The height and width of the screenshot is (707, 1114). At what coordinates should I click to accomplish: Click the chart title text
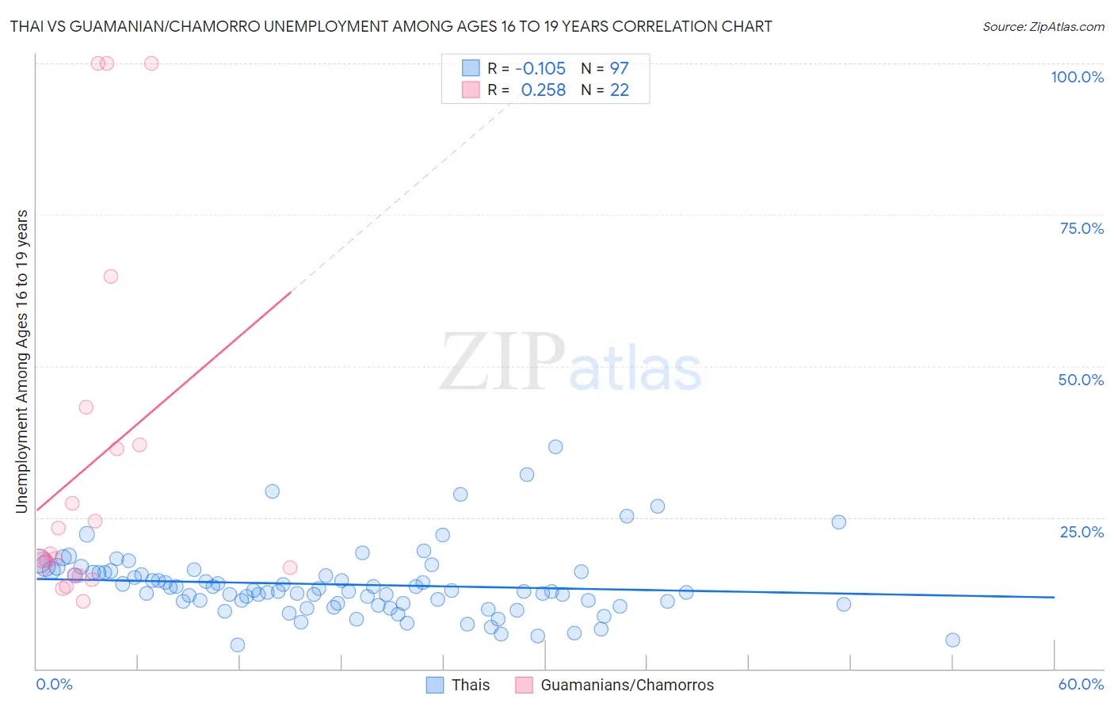[391, 26]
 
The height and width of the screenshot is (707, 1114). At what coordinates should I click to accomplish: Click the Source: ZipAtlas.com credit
[1043, 26]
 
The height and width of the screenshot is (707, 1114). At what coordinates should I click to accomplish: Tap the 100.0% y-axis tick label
[1077, 77]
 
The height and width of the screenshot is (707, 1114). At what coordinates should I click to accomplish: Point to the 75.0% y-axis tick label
[1082, 228]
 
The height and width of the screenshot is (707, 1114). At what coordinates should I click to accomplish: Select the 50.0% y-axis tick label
[1081, 380]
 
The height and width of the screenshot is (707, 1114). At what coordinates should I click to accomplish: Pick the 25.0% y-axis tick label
[1082, 532]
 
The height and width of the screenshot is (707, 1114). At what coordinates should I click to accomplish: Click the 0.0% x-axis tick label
[54, 684]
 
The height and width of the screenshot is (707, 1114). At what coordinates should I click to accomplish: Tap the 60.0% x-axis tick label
[1081, 684]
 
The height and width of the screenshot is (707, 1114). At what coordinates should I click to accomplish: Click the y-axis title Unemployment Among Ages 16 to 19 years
[22, 361]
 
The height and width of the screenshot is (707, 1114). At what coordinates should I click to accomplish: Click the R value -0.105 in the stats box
[540, 69]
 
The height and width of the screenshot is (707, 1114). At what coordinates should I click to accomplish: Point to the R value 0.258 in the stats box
[544, 90]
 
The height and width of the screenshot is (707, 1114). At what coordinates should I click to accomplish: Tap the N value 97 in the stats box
[619, 69]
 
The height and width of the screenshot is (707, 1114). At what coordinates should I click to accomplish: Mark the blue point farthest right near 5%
[952, 640]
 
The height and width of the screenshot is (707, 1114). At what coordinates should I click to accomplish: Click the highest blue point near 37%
[555, 447]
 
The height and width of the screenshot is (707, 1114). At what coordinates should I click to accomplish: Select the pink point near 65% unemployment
[111, 277]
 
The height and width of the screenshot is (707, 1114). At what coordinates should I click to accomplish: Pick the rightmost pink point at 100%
[151, 63]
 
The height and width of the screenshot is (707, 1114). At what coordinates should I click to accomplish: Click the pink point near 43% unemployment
[86, 407]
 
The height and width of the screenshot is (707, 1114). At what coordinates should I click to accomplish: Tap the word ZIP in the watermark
[502, 362]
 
